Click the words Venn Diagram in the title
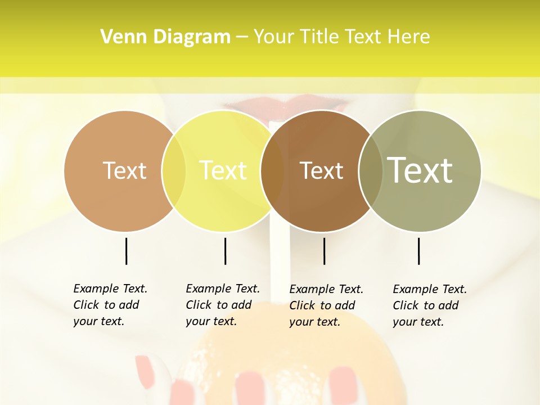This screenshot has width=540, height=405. [165, 37]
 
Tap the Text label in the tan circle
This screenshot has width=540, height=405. [124, 170]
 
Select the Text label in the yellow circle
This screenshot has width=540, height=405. [223, 170]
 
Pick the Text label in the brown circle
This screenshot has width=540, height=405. [321, 170]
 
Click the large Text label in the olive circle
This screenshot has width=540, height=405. [420, 170]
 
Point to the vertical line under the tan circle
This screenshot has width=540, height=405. [126, 251]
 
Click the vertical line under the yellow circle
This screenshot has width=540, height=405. [225, 251]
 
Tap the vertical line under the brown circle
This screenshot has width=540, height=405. [324, 251]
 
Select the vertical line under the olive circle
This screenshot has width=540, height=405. [418, 251]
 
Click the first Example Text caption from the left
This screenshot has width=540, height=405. [110, 305]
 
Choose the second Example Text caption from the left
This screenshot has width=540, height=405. [223, 305]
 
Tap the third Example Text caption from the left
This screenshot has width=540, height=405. [326, 305]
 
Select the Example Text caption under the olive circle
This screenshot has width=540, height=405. [430, 305]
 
